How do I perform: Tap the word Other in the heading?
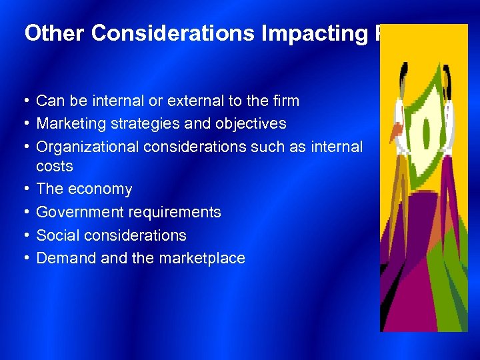pyautogui.click(x=47, y=33)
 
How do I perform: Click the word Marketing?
pyautogui.click(x=69, y=123)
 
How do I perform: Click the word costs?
pyautogui.click(x=55, y=166)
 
